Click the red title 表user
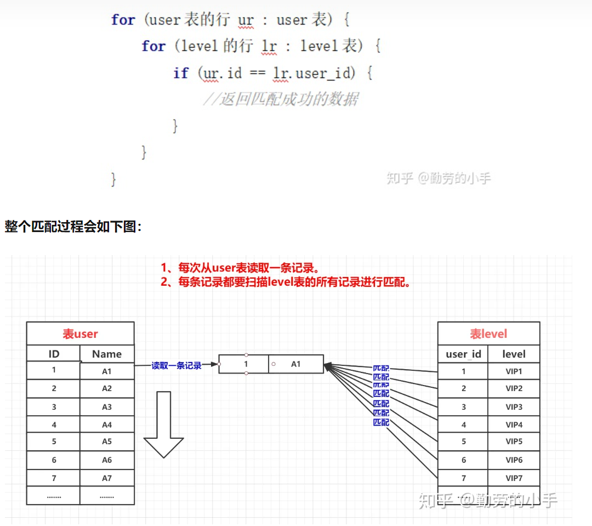coord(80,333)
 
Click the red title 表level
coord(488,333)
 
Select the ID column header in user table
coord(54,354)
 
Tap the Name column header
coord(107,354)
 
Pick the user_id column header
coord(463,354)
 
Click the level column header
coord(514,354)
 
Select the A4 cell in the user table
coord(107,425)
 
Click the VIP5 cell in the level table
coord(514,441)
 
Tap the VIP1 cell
coord(514,371)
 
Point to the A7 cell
coord(107,478)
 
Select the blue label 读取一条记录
coord(177,365)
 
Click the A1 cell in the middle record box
coord(295,364)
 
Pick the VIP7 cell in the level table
coord(514,478)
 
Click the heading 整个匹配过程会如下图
coord(73,226)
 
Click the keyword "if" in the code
coord(181,73)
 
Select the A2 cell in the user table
coord(107,388)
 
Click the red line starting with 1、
coord(240,268)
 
